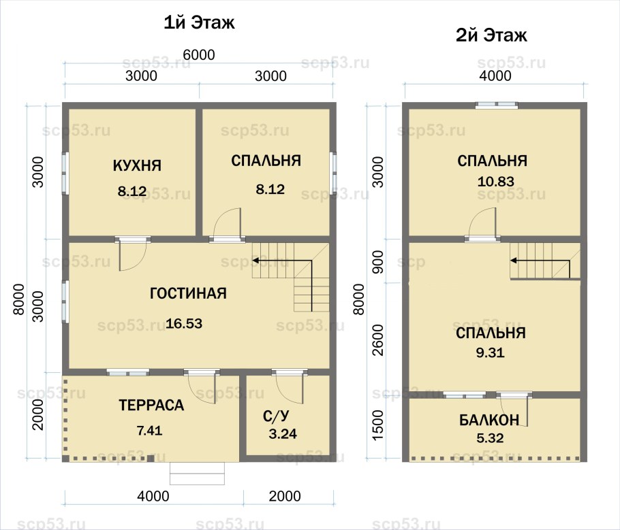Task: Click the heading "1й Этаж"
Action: click(x=199, y=23)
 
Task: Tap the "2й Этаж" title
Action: click(x=491, y=35)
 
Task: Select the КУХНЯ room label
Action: click(x=137, y=165)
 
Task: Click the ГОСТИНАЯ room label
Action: click(x=188, y=293)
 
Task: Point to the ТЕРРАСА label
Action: click(x=151, y=405)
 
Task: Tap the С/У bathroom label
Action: click(x=276, y=416)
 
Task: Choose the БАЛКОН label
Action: click(x=489, y=420)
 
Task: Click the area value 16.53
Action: click(x=184, y=324)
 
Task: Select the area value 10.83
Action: click(x=496, y=182)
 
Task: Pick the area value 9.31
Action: click(x=491, y=352)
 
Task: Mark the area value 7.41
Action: click(x=149, y=431)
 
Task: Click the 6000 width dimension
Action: click(x=199, y=55)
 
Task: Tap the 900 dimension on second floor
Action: click(x=378, y=262)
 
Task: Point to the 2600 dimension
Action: click(x=378, y=340)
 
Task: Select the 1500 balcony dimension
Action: click(x=378, y=425)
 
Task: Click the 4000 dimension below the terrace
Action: click(x=153, y=496)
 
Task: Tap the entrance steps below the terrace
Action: click(x=198, y=473)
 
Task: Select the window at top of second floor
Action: click(x=496, y=105)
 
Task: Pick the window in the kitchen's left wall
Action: click(x=65, y=173)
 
